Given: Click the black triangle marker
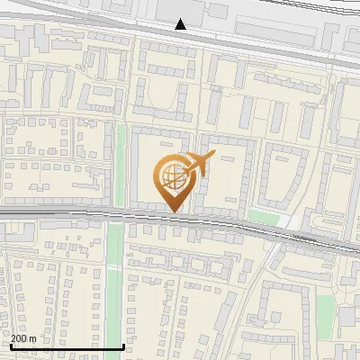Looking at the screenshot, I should point(181,24).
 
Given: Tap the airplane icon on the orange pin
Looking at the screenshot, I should point(197,165).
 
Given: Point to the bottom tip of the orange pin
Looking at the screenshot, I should point(173,211).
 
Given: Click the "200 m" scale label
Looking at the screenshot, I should point(23,338).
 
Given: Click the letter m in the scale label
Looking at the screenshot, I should point(32,338).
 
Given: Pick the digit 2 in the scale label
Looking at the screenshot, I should point(13,338).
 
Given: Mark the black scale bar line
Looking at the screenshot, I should point(67,346).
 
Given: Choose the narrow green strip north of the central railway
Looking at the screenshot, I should point(121,162).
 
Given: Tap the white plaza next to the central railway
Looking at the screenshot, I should point(287,220).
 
